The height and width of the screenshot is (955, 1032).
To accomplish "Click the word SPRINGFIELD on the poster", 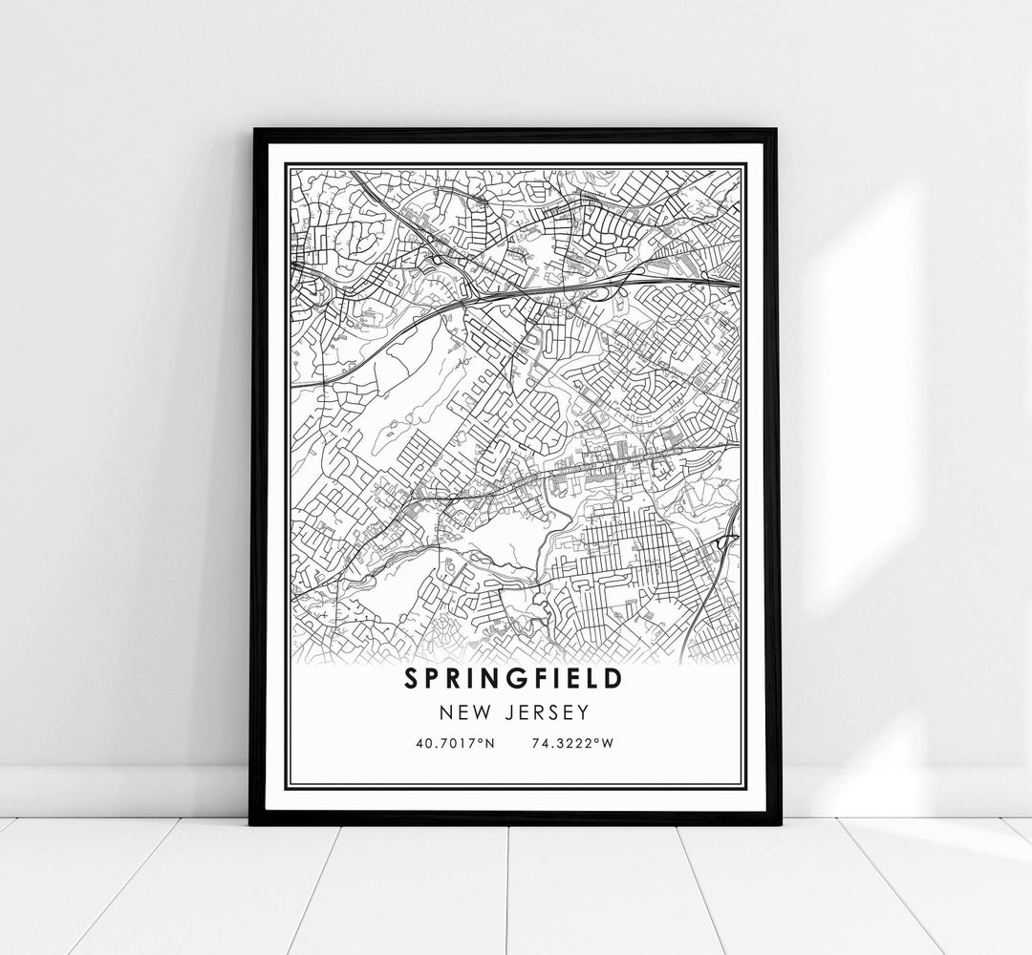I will [514, 679].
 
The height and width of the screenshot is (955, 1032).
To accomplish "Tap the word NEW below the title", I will [462, 712].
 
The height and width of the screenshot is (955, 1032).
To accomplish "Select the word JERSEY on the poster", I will [546, 712].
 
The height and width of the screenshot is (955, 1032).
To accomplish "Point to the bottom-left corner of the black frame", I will [250, 824].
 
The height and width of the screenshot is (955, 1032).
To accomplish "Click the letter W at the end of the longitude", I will [606, 743].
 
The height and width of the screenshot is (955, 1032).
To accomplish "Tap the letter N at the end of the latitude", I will [489, 743].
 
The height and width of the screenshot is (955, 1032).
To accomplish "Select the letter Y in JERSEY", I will [584, 712].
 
